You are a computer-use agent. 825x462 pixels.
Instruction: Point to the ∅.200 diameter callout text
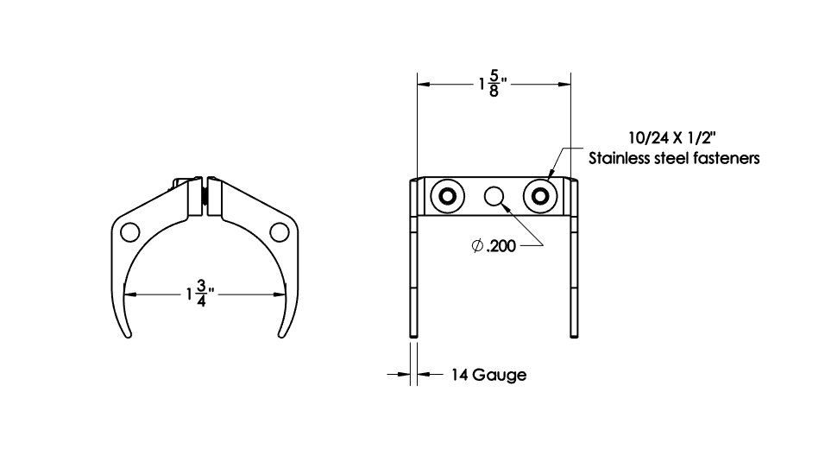(x=494, y=247)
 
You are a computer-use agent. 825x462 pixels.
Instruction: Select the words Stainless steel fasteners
(x=673, y=159)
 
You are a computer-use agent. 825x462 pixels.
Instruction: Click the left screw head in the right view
(x=448, y=196)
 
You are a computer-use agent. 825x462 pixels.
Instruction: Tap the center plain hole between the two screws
(x=494, y=196)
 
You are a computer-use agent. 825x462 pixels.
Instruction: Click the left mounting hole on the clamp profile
(x=129, y=231)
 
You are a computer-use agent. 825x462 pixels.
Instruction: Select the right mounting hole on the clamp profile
(x=279, y=231)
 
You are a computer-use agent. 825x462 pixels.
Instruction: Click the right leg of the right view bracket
(x=574, y=276)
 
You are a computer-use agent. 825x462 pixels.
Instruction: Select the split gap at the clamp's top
(x=205, y=194)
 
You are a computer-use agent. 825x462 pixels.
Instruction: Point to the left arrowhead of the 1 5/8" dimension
(x=424, y=85)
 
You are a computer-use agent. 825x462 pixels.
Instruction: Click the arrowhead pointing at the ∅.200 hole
(x=507, y=207)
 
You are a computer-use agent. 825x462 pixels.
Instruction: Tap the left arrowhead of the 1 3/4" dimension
(x=132, y=294)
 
